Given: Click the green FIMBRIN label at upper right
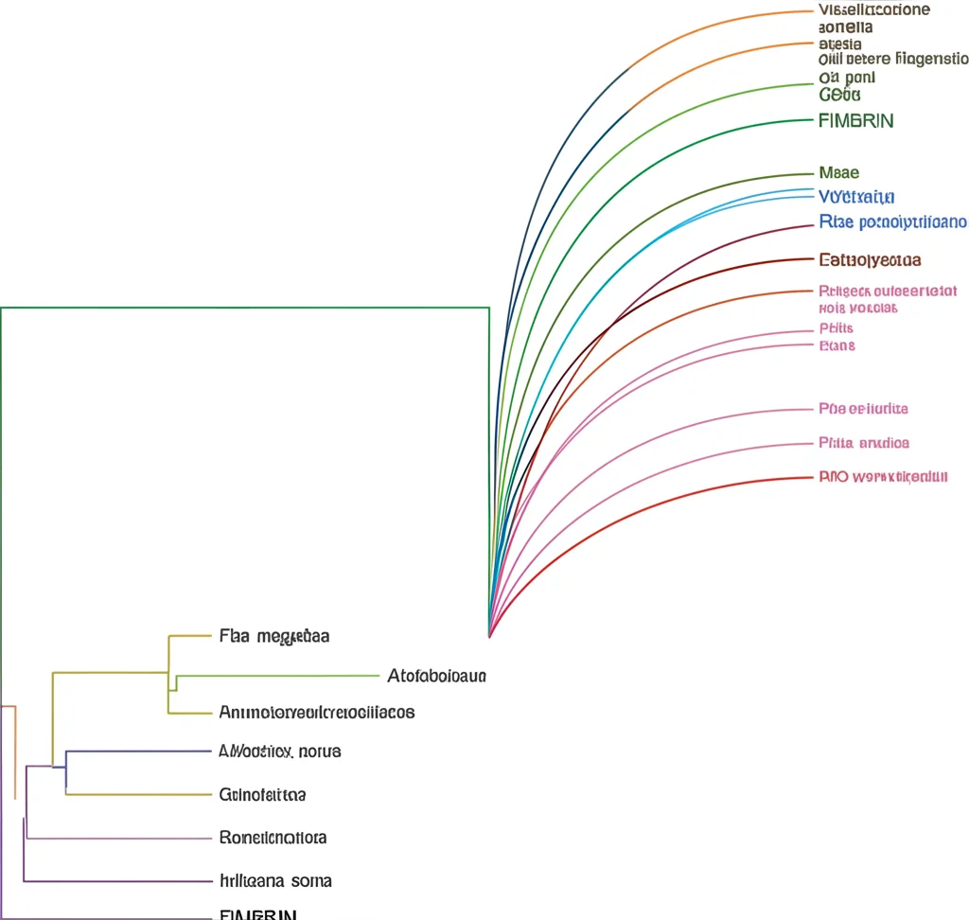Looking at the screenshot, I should click(x=855, y=120).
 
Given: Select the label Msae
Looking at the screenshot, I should click(x=838, y=172).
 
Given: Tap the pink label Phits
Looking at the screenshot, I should click(x=836, y=328).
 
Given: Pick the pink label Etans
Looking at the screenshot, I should click(x=837, y=345).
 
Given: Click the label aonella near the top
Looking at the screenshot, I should click(x=845, y=27).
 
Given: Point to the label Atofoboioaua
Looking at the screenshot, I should click(x=436, y=676).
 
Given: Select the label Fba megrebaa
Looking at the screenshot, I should click(x=273, y=636).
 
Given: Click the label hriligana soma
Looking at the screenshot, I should click(x=274, y=881).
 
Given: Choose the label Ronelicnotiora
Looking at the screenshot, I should click(x=273, y=838).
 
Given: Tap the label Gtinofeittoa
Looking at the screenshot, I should click(x=262, y=795).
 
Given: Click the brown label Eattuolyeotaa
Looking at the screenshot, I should click(x=869, y=259).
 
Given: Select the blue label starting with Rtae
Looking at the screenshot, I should click(x=890, y=222).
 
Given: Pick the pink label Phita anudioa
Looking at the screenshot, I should click(x=863, y=443).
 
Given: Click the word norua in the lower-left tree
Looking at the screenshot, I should click(x=319, y=752).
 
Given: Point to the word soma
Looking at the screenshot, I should click(x=311, y=881).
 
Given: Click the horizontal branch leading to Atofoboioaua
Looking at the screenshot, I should click(x=284, y=676).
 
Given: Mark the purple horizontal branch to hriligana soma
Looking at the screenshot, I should click(x=114, y=881).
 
